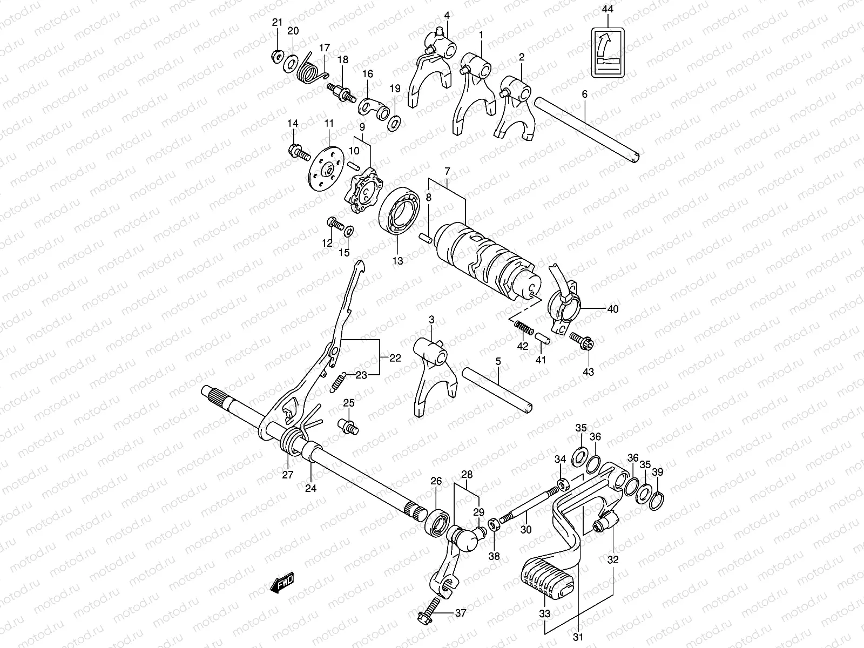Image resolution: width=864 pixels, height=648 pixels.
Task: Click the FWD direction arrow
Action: pyautogui.click(x=282, y=585)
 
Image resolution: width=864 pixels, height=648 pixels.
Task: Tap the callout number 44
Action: pyautogui.click(x=608, y=9)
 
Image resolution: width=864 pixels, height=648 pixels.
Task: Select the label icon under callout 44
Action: pyautogui.click(x=609, y=52)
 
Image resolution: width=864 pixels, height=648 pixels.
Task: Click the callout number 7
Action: pyautogui.click(x=447, y=171)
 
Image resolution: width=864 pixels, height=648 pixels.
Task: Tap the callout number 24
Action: pyautogui.click(x=310, y=488)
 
